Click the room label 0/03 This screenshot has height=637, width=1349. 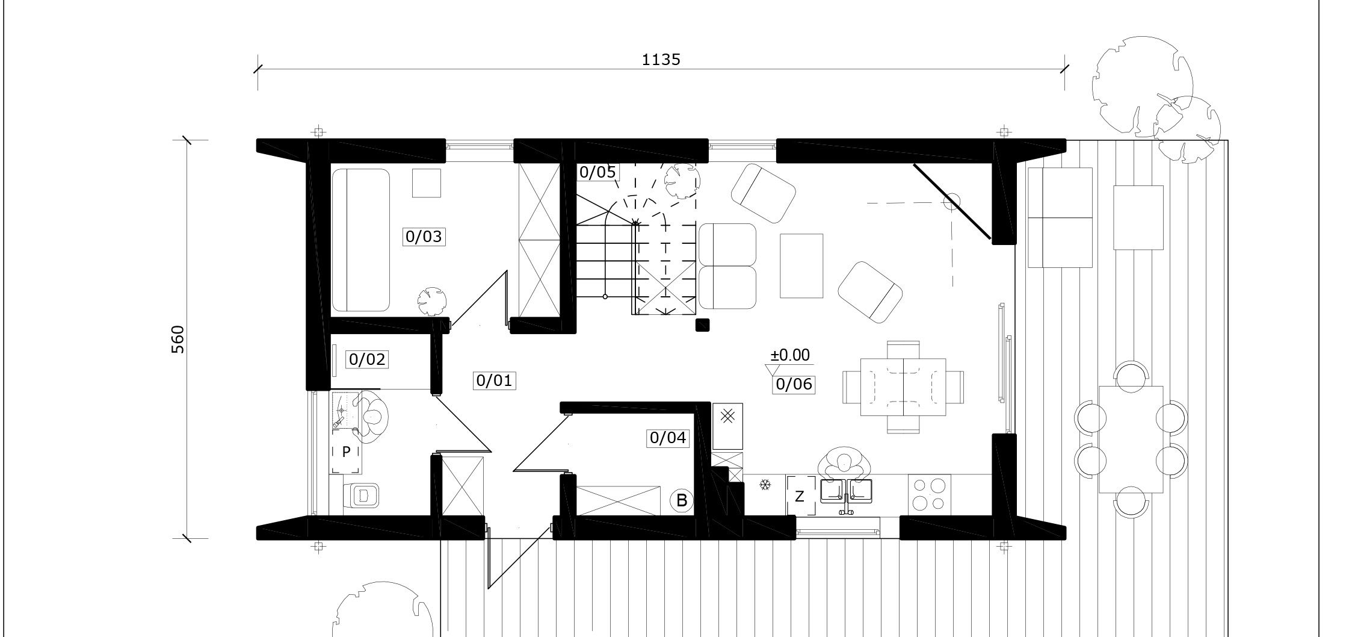pos(424,237)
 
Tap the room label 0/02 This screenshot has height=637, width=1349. pos(367,359)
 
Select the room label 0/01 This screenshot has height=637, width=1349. pos(494,381)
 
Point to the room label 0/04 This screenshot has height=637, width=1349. pos(668,438)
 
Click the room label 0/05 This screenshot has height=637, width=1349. pos(597,172)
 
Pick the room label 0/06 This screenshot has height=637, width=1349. pos(794,384)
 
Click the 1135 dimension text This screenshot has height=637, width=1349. pos(661,60)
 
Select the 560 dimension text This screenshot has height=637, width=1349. pos(178,340)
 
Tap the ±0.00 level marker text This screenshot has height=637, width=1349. pos(790,355)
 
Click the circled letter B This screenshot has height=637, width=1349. pos(682,500)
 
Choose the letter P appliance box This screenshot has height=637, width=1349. pos(346,452)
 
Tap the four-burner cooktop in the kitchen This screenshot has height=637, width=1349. pos(930,494)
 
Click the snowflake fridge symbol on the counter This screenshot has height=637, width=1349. pos(765,484)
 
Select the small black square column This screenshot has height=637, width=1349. pos(702,325)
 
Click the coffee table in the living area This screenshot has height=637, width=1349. pos(801,266)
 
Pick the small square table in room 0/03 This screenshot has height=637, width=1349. pos(427,183)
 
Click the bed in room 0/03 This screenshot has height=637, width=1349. pos(361,240)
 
